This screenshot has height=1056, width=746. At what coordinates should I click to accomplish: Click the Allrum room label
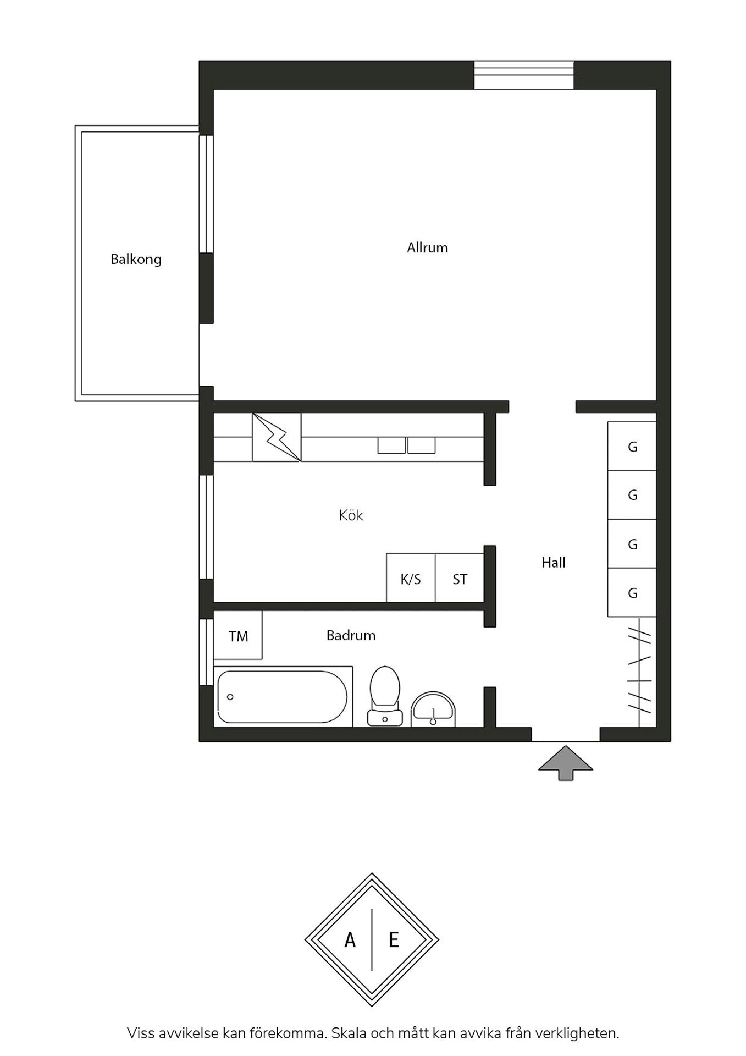(427, 248)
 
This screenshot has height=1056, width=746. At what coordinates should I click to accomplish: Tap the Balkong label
(136, 260)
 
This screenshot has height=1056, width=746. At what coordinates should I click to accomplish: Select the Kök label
(351, 515)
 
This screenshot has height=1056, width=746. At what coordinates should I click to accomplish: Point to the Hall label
(554, 562)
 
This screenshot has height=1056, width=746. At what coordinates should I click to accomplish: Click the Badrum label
(351, 635)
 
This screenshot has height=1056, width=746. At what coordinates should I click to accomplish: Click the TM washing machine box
(237, 635)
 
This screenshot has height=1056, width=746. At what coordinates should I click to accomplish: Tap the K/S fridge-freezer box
(411, 577)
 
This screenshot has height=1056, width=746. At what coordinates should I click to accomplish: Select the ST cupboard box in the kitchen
(460, 577)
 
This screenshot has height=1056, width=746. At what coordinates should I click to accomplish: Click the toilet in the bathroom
(385, 696)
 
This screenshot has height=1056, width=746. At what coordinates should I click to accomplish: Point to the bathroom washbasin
(433, 710)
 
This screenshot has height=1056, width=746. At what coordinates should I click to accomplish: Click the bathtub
(283, 697)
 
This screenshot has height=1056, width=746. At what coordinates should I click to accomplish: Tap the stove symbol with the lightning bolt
(277, 437)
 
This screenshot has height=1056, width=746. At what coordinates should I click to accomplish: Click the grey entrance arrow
(566, 763)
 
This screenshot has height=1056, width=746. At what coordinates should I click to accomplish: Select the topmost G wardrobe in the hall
(632, 446)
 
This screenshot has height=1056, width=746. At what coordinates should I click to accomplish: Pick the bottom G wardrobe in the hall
(632, 592)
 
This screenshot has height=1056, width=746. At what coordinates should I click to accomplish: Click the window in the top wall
(524, 75)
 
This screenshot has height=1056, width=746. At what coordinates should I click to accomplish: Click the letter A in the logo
(350, 940)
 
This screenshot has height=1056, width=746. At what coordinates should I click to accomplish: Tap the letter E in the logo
(394, 940)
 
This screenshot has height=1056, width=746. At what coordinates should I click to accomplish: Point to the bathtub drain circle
(230, 697)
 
